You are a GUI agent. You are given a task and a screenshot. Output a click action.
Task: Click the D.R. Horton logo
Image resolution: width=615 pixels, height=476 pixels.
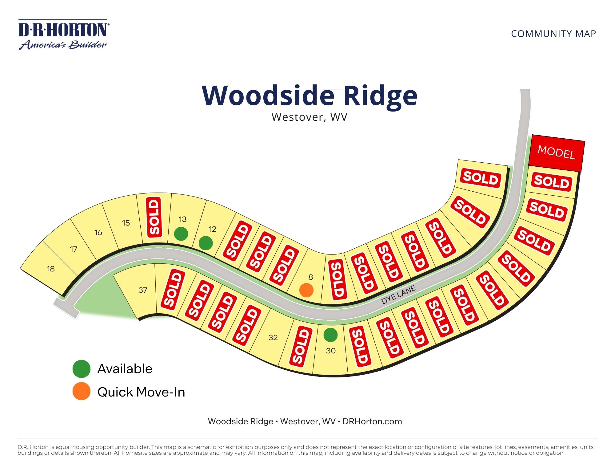click(63, 35)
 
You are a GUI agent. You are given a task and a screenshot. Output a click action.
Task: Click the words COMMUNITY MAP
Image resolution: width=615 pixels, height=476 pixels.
click(553, 34)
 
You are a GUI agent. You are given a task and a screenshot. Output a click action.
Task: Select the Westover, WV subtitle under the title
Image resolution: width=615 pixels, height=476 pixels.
click(309, 117)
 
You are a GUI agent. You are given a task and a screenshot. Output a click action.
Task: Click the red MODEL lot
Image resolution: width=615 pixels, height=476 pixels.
click(556, 153)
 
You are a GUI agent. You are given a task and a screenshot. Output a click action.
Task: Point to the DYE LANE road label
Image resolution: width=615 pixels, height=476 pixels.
click(398, 295)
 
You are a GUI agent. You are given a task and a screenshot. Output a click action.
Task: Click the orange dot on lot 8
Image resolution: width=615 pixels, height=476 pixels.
click(306, 290)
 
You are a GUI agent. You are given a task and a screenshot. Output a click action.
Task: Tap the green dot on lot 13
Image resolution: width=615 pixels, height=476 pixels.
click(181, 234)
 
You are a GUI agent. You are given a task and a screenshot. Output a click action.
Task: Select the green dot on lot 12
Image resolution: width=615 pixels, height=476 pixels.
click(206, 243)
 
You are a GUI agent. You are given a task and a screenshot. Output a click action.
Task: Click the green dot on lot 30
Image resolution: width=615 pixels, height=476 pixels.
click(330, 335)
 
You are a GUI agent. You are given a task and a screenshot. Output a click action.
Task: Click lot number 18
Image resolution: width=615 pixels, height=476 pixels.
click(51, 269)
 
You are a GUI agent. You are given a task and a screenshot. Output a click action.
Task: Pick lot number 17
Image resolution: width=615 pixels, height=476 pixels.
click(74, 249)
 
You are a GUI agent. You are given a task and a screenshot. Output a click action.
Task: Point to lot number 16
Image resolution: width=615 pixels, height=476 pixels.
click(98, 233)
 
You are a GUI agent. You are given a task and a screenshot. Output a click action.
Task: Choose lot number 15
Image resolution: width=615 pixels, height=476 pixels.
click(126, 223)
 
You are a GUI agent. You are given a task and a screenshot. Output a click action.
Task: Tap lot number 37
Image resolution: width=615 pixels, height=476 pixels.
click(143, 290)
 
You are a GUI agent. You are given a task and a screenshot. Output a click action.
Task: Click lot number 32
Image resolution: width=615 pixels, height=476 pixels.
click(273, 338)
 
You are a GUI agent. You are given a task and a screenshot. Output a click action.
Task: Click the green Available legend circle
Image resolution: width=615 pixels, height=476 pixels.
click(81, 369)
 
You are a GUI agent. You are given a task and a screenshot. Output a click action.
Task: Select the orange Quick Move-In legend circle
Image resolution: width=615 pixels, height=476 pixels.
click(81, 391)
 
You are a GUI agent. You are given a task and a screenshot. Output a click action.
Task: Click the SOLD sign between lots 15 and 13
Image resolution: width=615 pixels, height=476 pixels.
click(154, 217)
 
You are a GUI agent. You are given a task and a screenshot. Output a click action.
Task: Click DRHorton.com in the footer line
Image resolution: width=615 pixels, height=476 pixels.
click(372, 421)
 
